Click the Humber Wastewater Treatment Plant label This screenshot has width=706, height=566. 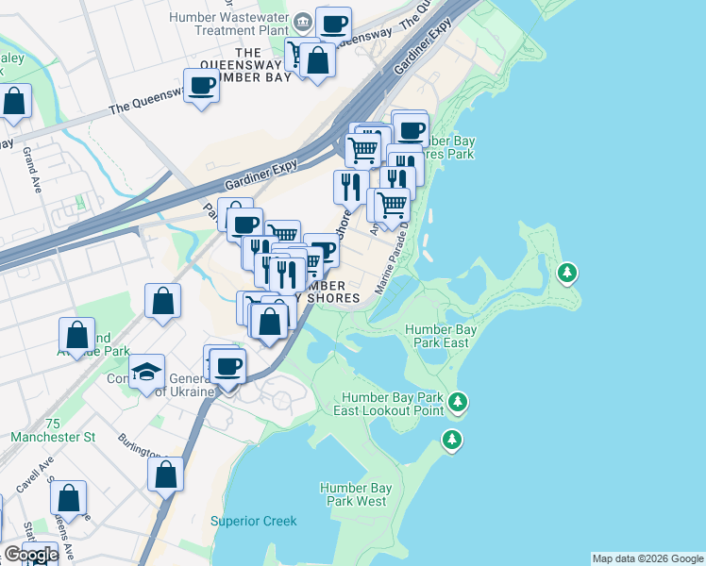pos(230,24)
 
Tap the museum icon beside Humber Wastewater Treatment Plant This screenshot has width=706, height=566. pos(301,21)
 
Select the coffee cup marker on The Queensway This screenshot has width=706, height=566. pos(203,87)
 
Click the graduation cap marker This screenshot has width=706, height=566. pos(147,373)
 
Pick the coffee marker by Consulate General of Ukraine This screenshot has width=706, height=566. pos(227,365)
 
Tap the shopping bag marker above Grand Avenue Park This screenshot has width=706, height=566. pos(76,335)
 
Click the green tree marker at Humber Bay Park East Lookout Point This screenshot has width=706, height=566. pos(458,403)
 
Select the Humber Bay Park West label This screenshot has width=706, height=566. pos(356,493)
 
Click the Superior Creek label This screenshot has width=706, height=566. pos(254,521)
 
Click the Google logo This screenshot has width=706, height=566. pos(30,555)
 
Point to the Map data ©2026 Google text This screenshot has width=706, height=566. pos(647,558)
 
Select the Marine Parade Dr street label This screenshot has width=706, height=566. pos(395,258)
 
